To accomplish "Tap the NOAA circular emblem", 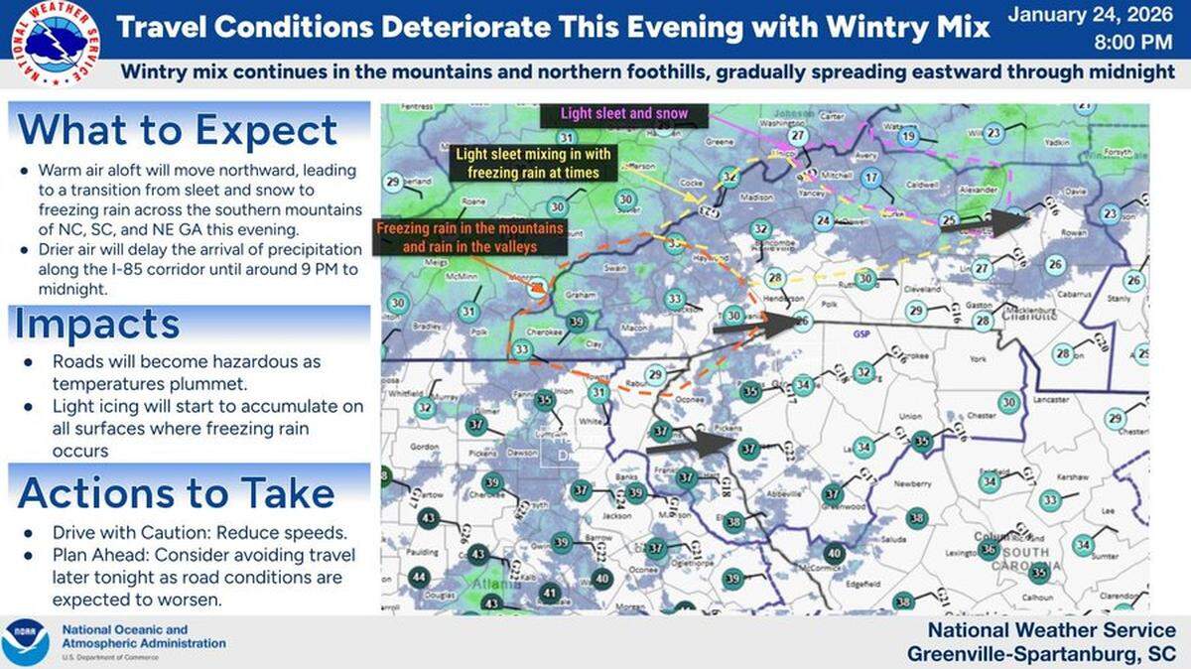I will (26, 642).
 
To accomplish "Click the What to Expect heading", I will (179, 130).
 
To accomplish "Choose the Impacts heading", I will (98, 325).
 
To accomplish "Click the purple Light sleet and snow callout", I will (623, 113).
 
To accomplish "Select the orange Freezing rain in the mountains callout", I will (470, 237).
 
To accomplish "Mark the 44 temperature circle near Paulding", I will (419, 578).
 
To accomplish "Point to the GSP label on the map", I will (861, 335).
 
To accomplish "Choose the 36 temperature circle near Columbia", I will (988, 549).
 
